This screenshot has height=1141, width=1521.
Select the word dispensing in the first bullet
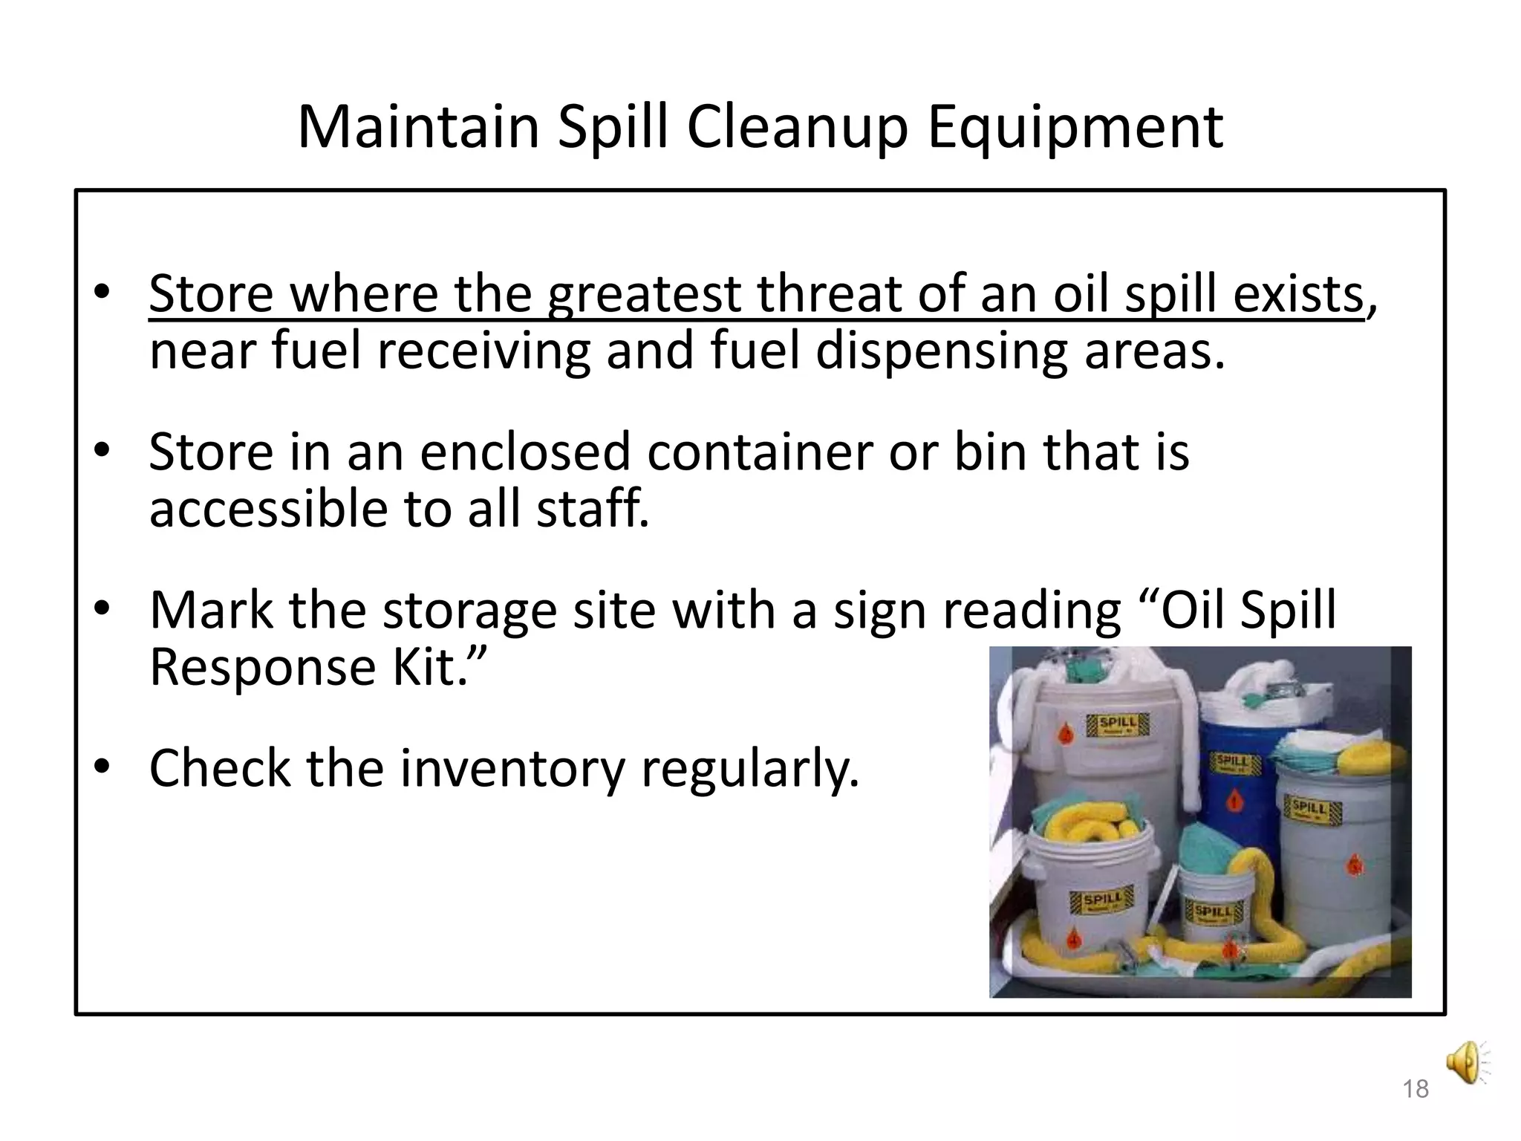click(942, 351)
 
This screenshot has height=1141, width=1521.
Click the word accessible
click(268, 510)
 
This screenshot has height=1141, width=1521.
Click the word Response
click(263, 667)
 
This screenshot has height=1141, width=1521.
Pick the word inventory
click(512, 768)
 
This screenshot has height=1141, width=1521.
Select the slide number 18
click(1416, 1090)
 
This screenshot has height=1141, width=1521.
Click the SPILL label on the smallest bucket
click(1212, 911)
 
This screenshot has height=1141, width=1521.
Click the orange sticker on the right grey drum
click(1355, 864)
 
